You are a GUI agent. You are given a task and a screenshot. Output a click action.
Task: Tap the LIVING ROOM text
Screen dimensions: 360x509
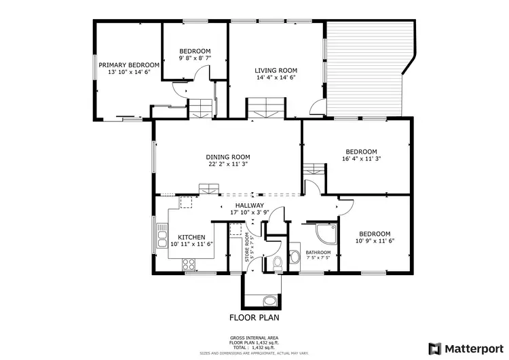pos(276,70)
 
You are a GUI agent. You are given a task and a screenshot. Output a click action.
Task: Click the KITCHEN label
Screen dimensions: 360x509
pos(191,237)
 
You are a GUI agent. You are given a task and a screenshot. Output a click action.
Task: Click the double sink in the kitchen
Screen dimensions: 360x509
pos(162,239)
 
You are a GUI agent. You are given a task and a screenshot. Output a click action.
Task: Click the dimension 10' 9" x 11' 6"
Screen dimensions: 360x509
pos(375,240)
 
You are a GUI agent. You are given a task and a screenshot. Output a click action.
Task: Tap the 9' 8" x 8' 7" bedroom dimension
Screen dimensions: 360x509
pos(195,59)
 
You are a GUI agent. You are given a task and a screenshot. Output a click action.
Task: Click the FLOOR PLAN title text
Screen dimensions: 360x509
pos(254,317)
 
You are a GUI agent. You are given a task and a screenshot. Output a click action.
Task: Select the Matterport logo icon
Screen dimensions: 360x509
pos(434,347)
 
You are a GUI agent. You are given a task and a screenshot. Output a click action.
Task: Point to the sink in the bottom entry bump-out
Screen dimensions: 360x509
pos(269,301)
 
